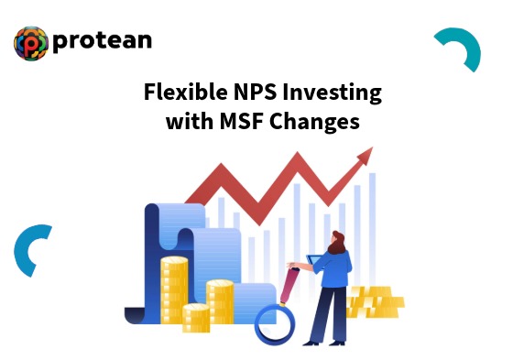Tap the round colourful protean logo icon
tap(30, 43)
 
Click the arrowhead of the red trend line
tap(365, 157)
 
